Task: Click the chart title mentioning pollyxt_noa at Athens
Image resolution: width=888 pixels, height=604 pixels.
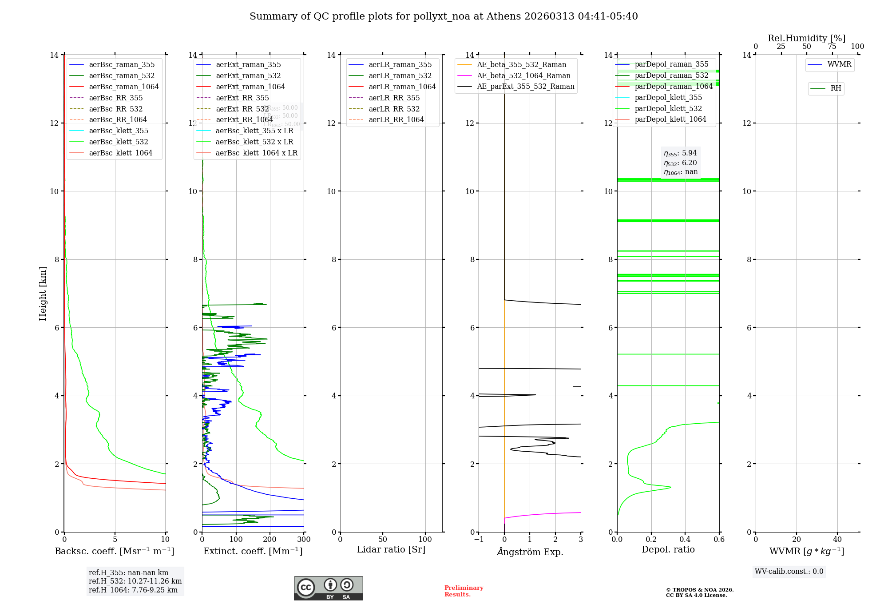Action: click(444, 16)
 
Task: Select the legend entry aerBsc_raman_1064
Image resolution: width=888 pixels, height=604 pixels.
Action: click(123, 87)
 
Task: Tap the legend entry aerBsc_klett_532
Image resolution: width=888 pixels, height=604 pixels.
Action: click(118, 142)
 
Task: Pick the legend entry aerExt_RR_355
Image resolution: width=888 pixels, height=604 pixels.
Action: click(242, 98)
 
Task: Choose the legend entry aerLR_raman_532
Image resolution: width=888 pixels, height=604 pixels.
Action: click(400, 75)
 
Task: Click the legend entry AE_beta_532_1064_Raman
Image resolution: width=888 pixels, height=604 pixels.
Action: click(523, 75)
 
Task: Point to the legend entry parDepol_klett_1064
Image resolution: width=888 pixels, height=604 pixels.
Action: click(670, 119)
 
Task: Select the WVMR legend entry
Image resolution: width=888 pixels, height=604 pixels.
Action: click(839, 64)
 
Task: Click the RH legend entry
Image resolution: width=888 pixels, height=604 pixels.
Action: click(835, 88)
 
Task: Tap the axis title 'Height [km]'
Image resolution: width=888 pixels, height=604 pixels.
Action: click(43, 293)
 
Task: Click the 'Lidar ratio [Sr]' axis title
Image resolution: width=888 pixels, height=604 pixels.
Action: click(391, 549)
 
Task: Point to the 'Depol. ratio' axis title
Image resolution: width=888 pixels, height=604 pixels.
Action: click(668, 549)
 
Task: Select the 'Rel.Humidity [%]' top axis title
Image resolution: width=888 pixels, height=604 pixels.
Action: click(806, 38)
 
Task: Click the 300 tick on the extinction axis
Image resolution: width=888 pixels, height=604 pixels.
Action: click(304, 540)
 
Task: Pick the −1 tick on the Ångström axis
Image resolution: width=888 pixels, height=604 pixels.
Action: click(479, 540)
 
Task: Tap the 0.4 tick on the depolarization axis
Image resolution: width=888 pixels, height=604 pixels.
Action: click(685, 540)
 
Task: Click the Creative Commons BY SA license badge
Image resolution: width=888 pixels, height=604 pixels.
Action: click(328, 588)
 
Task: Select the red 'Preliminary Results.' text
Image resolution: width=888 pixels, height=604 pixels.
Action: click(464, 591)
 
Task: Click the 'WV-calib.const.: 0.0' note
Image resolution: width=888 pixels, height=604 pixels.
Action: click(789, 572)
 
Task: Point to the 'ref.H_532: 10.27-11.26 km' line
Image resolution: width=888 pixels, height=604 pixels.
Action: click(135, 581)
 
